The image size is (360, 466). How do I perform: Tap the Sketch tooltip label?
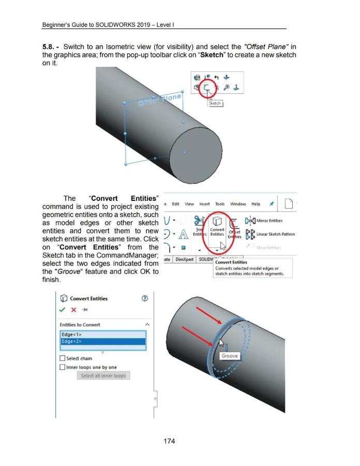[x=215, y=104]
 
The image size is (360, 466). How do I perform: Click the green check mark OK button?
[x=63, y=310]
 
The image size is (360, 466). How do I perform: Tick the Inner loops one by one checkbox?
[x=64, y=368]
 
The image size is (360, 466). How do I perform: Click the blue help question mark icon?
[x=146, y=298]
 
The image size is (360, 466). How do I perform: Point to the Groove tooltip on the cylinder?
[x=230, y=356]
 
